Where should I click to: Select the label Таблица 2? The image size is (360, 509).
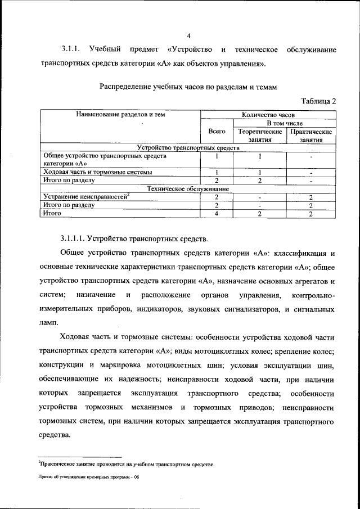[x=318, y=101]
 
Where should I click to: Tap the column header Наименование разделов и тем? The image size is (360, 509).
[x=121, y=115]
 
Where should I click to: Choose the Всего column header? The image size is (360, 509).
[x=217, y=131]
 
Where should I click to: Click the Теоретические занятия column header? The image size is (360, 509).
[x=260, y=135]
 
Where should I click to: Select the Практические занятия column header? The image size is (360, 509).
[x=311, y=135]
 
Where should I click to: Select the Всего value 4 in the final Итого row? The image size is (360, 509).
[x=217, y=214]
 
